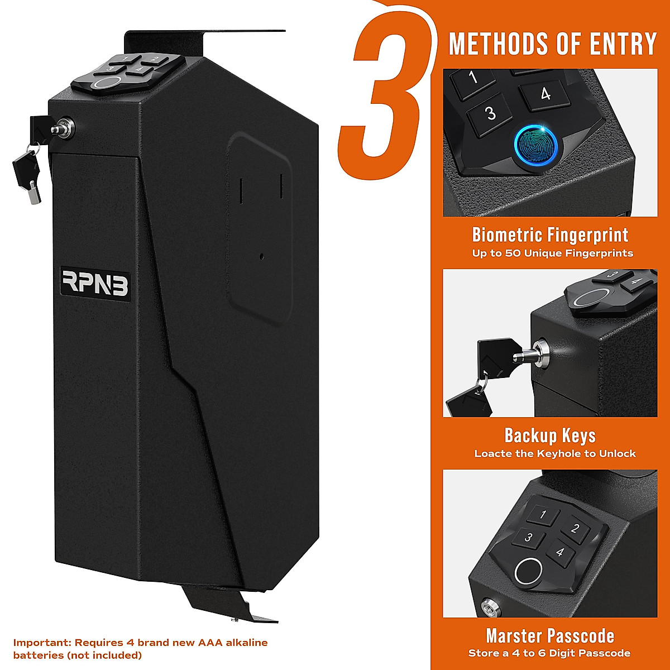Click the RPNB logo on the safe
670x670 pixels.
[95, 284]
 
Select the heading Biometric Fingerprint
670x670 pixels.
[550, 235]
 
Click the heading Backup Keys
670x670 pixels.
[550, 435]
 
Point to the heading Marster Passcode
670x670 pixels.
[550, 636]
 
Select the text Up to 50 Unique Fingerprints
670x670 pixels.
[552, 253]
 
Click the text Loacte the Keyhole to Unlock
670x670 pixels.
[554, 454]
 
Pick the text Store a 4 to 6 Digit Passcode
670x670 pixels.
[549, 653]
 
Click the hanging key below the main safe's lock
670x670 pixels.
[28, 173]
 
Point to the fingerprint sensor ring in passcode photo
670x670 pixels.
[528, 572]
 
